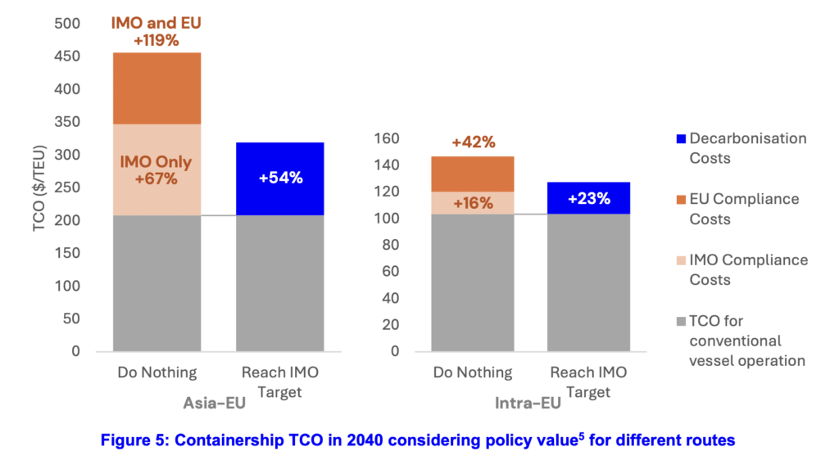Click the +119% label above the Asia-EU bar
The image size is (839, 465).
click(156, 40)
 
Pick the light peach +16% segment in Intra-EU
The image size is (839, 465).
click(472, 203)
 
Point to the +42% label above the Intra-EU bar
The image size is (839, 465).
click(473, 142)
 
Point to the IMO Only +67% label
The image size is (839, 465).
click(156, 169)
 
